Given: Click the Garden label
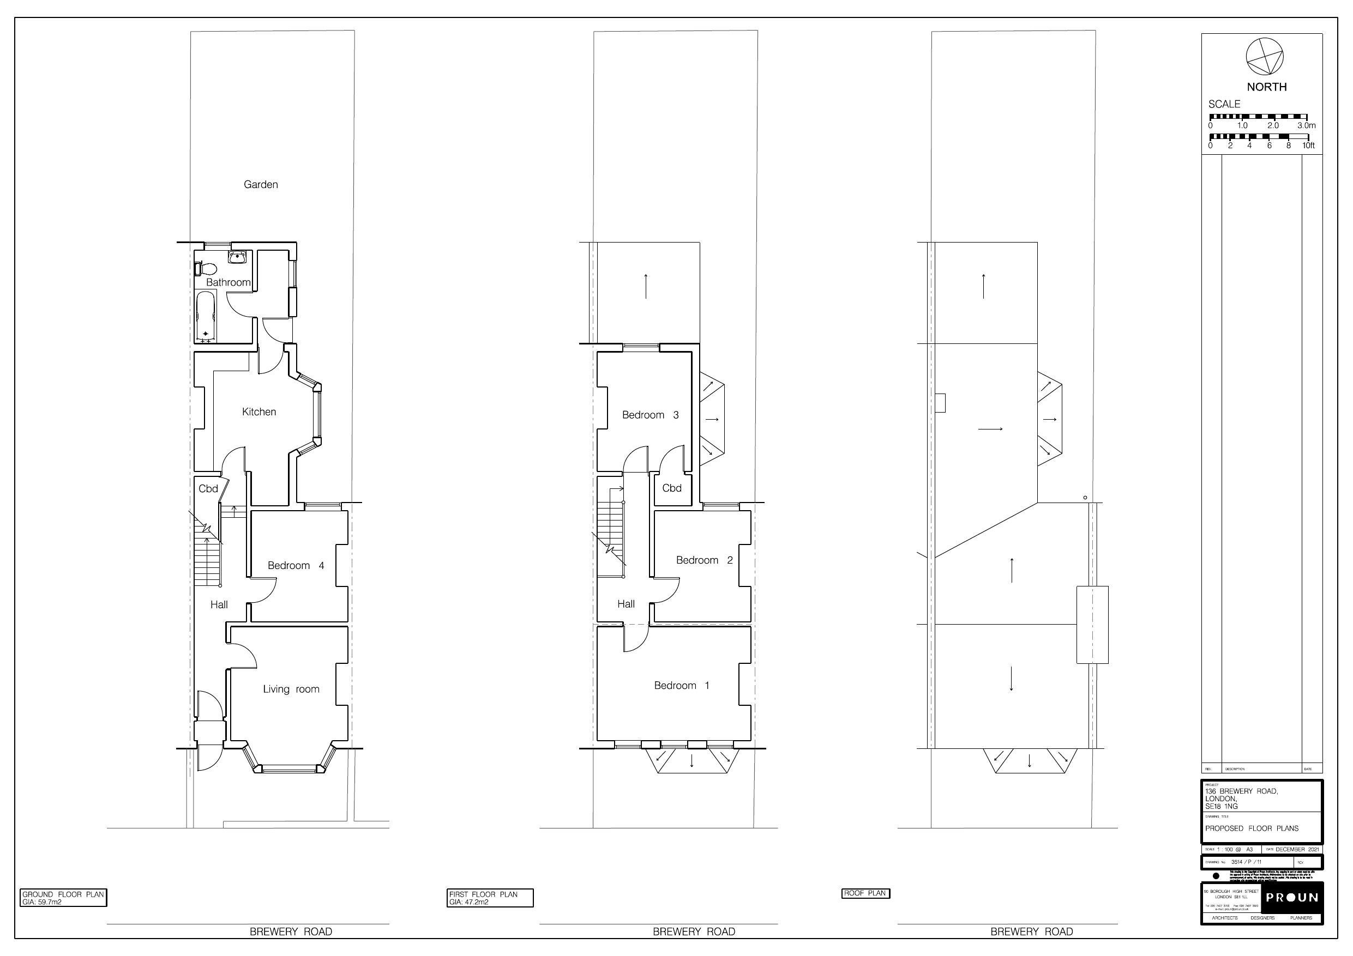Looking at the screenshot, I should pyautogui.click(x=261, y=184).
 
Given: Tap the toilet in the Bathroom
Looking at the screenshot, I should pyautogui.click(x=206, y=269).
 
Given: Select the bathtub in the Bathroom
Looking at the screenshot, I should pyautogui.click(x=205, y=316).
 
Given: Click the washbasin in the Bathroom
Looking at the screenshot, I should pyautogui.click(x=237, y=257).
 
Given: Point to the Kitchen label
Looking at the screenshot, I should pyautogui.click(x=258, y=412).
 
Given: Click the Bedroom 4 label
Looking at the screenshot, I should pyautogui.click(x=296, y=565).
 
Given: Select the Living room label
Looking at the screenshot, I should pyautogui.click(x=291, y=689).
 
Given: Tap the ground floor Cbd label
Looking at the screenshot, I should pyautogui.click(x=208, y=488).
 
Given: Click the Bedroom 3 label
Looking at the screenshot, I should pyautogui.click(x=650, y=415).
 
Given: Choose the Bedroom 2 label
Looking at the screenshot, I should pyautogui.click(x=704, y=560).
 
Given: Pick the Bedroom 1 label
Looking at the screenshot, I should pyautogui.click(x=682, y=686).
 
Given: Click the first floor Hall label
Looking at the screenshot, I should pyautogui.click(x=626, y=604).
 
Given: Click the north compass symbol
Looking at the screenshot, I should pyautogui.click(x=1264, y=57).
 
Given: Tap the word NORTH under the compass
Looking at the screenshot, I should pyautogui.click(x=1266, y=87).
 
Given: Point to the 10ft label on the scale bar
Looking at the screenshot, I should pyautogui.click(x=1308, y=146).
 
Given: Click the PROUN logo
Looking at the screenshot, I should pyautogui.click(x=1292, y=898).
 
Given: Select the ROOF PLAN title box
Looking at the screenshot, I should pyautogui.click(x=865, y=893).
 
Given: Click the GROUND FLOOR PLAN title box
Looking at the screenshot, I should pyautogui.click(x=63, y=898).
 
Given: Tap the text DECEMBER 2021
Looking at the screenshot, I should pyautogui.click(x=1297, y=849).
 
